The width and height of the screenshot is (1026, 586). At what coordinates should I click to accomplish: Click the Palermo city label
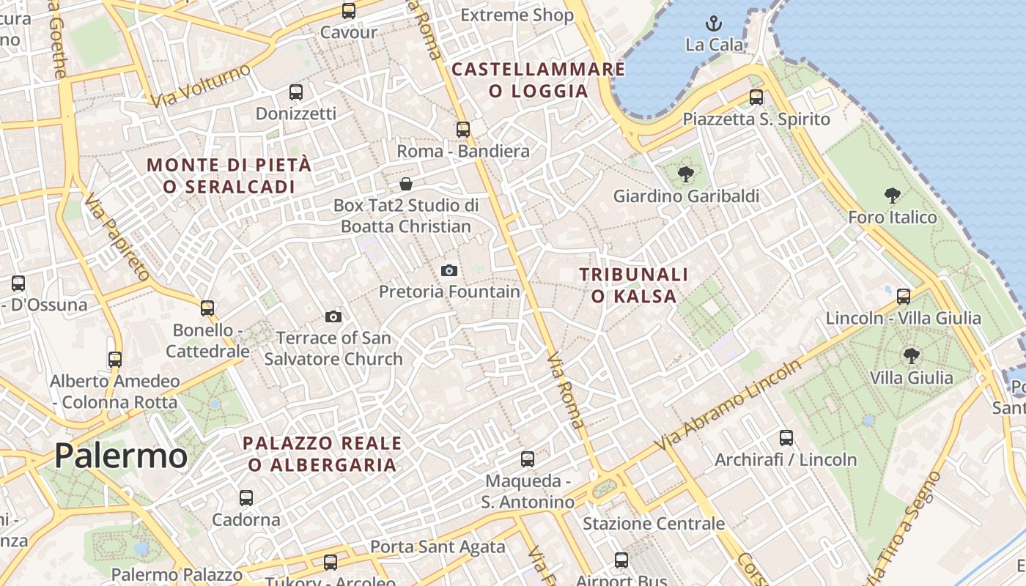pos(121,456)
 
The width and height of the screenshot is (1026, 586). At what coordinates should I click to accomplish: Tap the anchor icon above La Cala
pos(714,23)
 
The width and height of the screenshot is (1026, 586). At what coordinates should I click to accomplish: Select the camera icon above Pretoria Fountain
pos(449,270)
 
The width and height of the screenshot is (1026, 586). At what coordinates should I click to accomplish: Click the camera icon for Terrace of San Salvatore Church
pos(333,316)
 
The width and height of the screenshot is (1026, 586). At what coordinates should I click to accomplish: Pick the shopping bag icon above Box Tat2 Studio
pos(406,184)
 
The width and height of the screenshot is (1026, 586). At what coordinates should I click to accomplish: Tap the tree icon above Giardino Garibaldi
pos(685,174)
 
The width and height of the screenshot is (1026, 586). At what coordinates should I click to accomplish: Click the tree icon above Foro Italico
pos(892,195)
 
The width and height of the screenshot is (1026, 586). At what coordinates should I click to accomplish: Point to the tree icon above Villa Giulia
pos(911,356)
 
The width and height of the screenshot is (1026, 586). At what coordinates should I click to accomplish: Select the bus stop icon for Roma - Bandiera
pos(463,130)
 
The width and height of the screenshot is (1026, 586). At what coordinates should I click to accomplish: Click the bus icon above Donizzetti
pos(296,92)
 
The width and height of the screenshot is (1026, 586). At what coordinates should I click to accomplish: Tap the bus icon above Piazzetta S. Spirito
pos(756,97)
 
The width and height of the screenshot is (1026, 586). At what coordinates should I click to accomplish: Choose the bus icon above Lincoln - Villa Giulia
pos(904,296)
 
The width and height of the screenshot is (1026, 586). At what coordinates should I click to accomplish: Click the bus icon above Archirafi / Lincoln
pos(786,438)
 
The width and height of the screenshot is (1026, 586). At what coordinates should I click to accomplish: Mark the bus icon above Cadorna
pos(246,498)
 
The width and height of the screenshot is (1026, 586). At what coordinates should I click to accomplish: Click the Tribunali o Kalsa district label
pos(634,285)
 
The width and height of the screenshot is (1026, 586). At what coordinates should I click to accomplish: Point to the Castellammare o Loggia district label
pos(539,80)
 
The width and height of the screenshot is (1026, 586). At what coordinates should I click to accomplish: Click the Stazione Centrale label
pos(653,524)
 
